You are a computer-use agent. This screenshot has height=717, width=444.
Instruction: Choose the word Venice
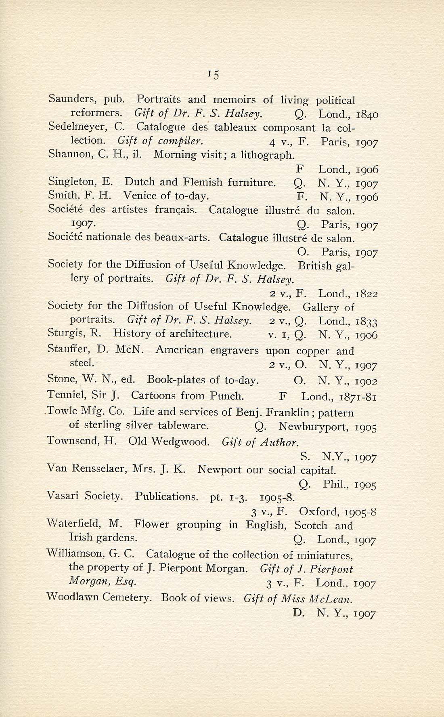coord(138,196)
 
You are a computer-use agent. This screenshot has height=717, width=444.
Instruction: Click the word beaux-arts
coord(182,237)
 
